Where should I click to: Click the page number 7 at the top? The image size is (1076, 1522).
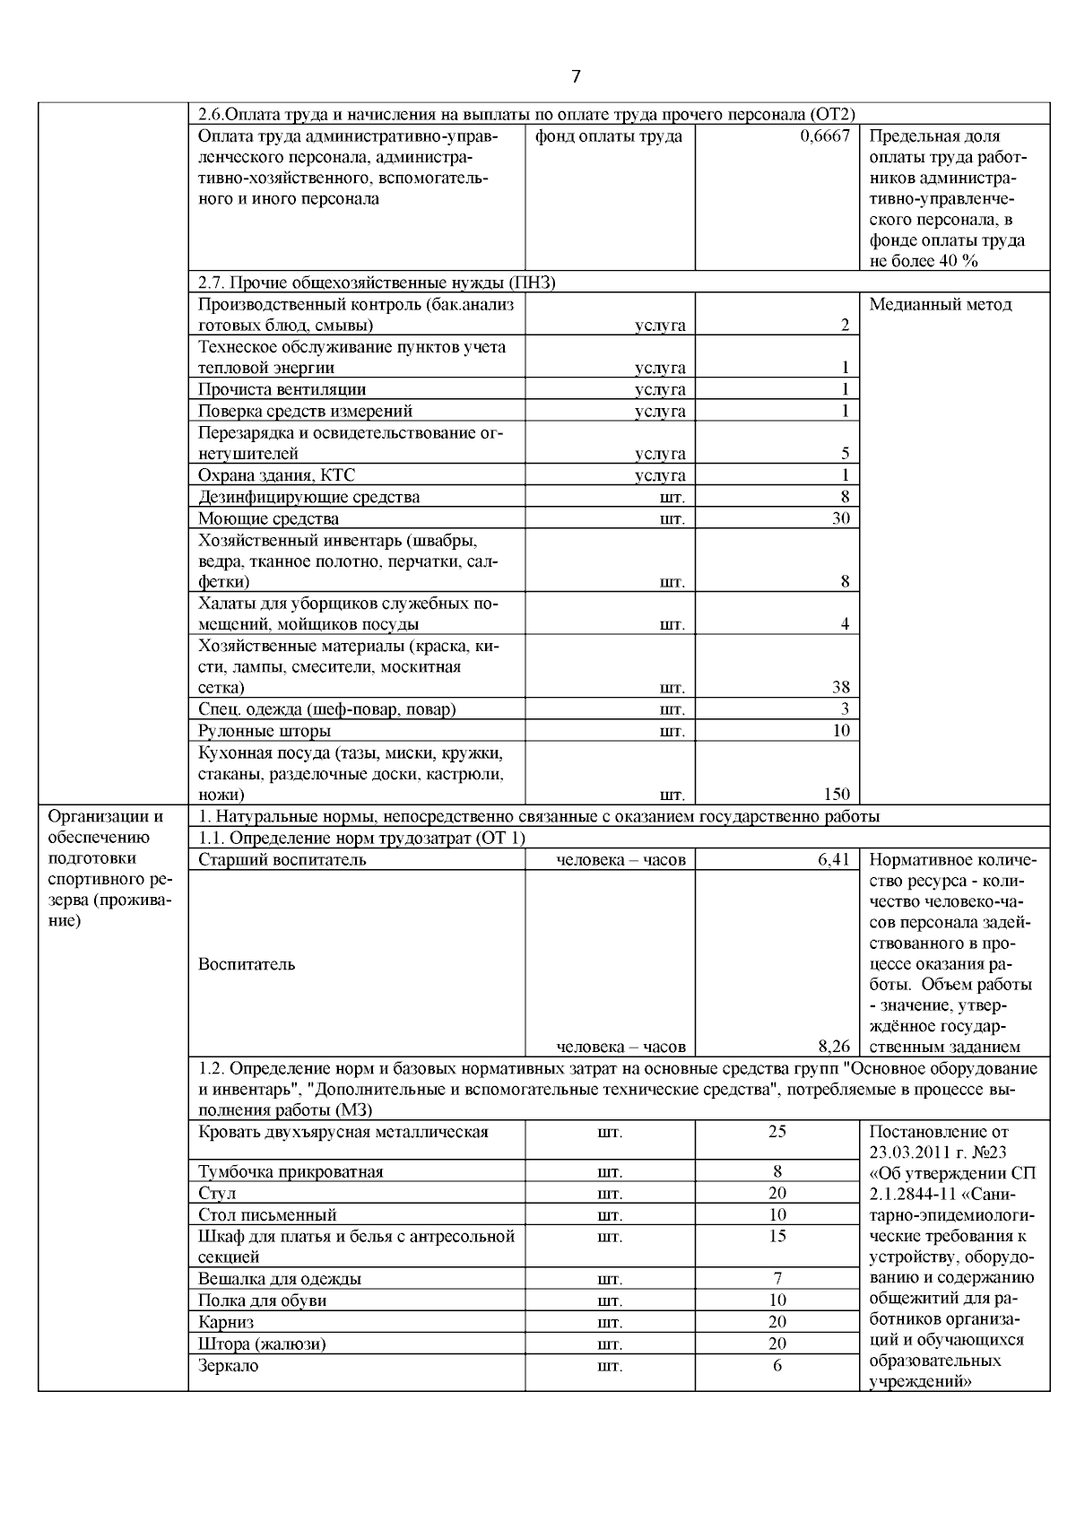(576, 77)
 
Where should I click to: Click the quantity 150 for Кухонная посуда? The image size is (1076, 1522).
(836, 794)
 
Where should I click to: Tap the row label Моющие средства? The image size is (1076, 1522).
(269, 518)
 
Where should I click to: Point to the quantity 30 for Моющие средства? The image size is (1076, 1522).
(840, 518)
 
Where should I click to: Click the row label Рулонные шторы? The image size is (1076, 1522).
(265, 731)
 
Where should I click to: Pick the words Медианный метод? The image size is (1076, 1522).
(941, 304)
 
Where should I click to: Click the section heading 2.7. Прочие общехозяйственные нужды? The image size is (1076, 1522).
(377, 283)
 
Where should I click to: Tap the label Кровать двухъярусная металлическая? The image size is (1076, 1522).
(343, 1131)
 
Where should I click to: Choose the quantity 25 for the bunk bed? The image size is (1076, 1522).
(777, 1131)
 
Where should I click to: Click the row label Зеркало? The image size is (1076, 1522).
(229, 1365)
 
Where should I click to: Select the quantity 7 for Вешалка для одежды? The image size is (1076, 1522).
(777, 1278)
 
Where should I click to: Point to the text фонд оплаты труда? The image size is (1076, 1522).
(608, 136)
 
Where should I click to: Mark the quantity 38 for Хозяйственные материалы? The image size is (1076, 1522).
(840, 688)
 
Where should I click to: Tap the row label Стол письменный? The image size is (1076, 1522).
(267, 1214)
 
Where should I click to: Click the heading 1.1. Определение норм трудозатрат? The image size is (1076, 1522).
(361, 838)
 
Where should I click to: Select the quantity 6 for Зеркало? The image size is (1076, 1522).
(777, 1365)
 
